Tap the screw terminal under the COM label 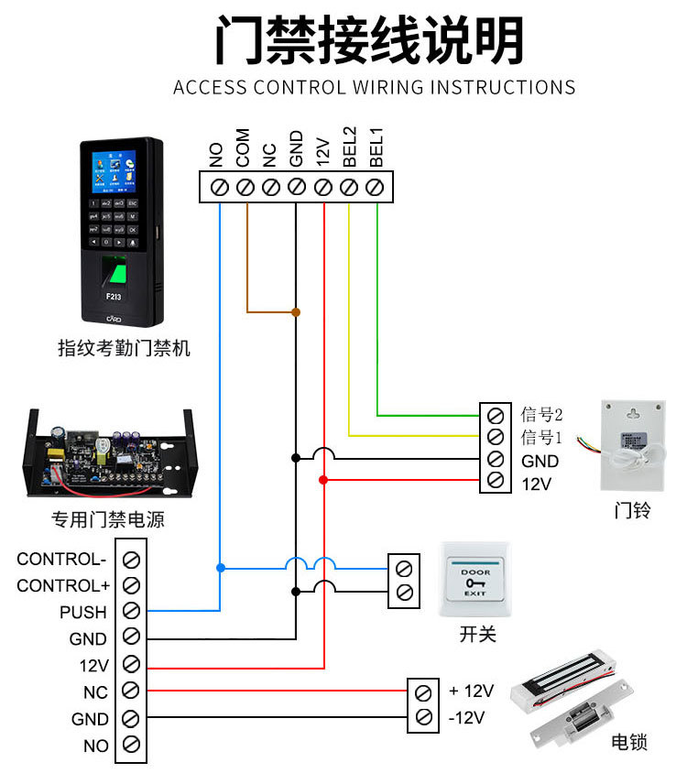pyautogui.click(x=245, y=187)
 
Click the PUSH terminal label pyautogui.click(x=83, y=612)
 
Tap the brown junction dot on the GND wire pyautogui.click(x=296, y=312)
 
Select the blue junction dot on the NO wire pyautogui.click(x=220, y=568)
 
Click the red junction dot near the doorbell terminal pyautogui.click(x=322, y=479)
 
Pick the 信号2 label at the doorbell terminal pyautogui.click(x=541, y=414)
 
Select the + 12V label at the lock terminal pyautogui.click(x=471, y=691)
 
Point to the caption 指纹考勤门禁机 pyautogui.click(x=125, y=348)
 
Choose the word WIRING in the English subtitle pyautogui.click(x=387, y=88)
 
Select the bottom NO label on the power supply pyautogui.click(x=95, y=746)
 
